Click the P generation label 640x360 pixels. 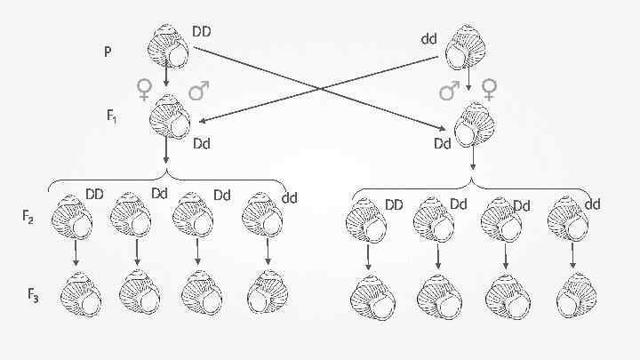point(108,52)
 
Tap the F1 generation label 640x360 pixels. point(112,116)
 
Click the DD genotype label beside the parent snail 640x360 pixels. point(201,32)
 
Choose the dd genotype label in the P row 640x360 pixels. point(429,39)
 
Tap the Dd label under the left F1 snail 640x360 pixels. point(202,143)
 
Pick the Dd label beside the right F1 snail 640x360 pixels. point(443,143)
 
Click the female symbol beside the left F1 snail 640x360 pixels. point(143,89)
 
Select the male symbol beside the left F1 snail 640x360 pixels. point(199,90)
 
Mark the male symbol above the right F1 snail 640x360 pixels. point(451,90)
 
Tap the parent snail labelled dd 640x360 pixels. point(466,48)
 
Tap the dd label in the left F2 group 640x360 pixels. point(289,197)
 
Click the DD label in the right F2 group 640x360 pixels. point(394,205)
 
